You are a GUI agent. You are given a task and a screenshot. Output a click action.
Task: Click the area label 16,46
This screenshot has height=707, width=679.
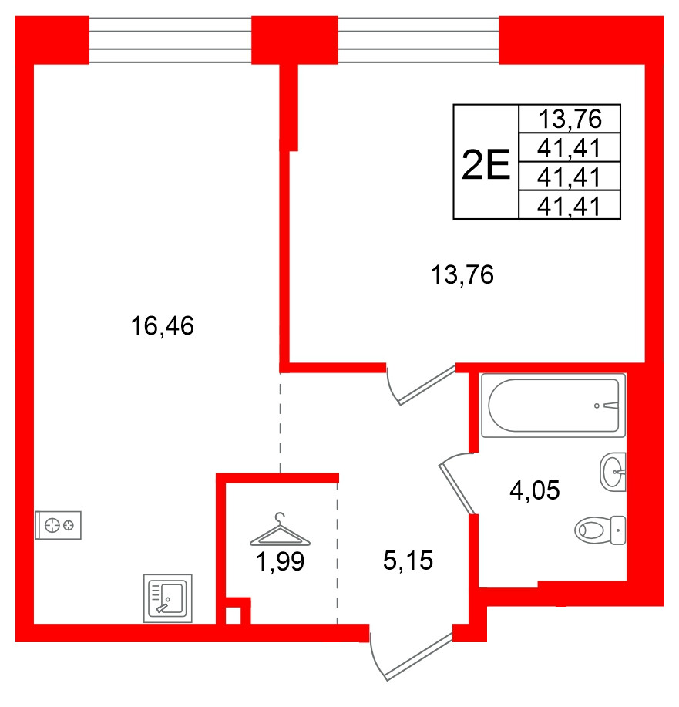tap(162, 328)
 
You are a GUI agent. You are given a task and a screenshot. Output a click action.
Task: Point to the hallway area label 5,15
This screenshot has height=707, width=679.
tap(408, 561)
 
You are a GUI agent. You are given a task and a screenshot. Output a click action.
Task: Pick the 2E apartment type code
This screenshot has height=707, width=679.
tap(486, 163)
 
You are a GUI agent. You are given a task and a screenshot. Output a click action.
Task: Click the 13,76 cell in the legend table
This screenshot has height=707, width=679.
tap(570, 120)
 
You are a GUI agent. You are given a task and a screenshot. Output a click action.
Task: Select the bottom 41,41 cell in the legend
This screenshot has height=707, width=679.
tap(570, 206)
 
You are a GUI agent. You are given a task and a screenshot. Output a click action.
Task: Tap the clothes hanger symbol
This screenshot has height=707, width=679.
tap(280, 529)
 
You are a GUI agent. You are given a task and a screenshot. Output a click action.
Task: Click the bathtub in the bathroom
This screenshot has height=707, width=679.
tap(553, 406)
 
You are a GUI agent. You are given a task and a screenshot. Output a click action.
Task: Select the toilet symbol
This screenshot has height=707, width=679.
tap(600, 530)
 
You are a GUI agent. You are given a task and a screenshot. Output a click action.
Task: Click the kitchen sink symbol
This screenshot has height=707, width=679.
tap(169, 598)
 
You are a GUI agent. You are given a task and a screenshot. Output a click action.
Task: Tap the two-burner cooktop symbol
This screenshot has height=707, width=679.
tap(59, 526)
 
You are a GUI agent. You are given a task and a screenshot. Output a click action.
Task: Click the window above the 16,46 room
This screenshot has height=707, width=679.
tap(170, 41)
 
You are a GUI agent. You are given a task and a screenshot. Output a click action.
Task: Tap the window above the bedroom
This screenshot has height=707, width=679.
tap(418, 41)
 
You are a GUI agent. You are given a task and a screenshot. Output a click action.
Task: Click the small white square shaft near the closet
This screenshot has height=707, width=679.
tap(232, 615)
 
